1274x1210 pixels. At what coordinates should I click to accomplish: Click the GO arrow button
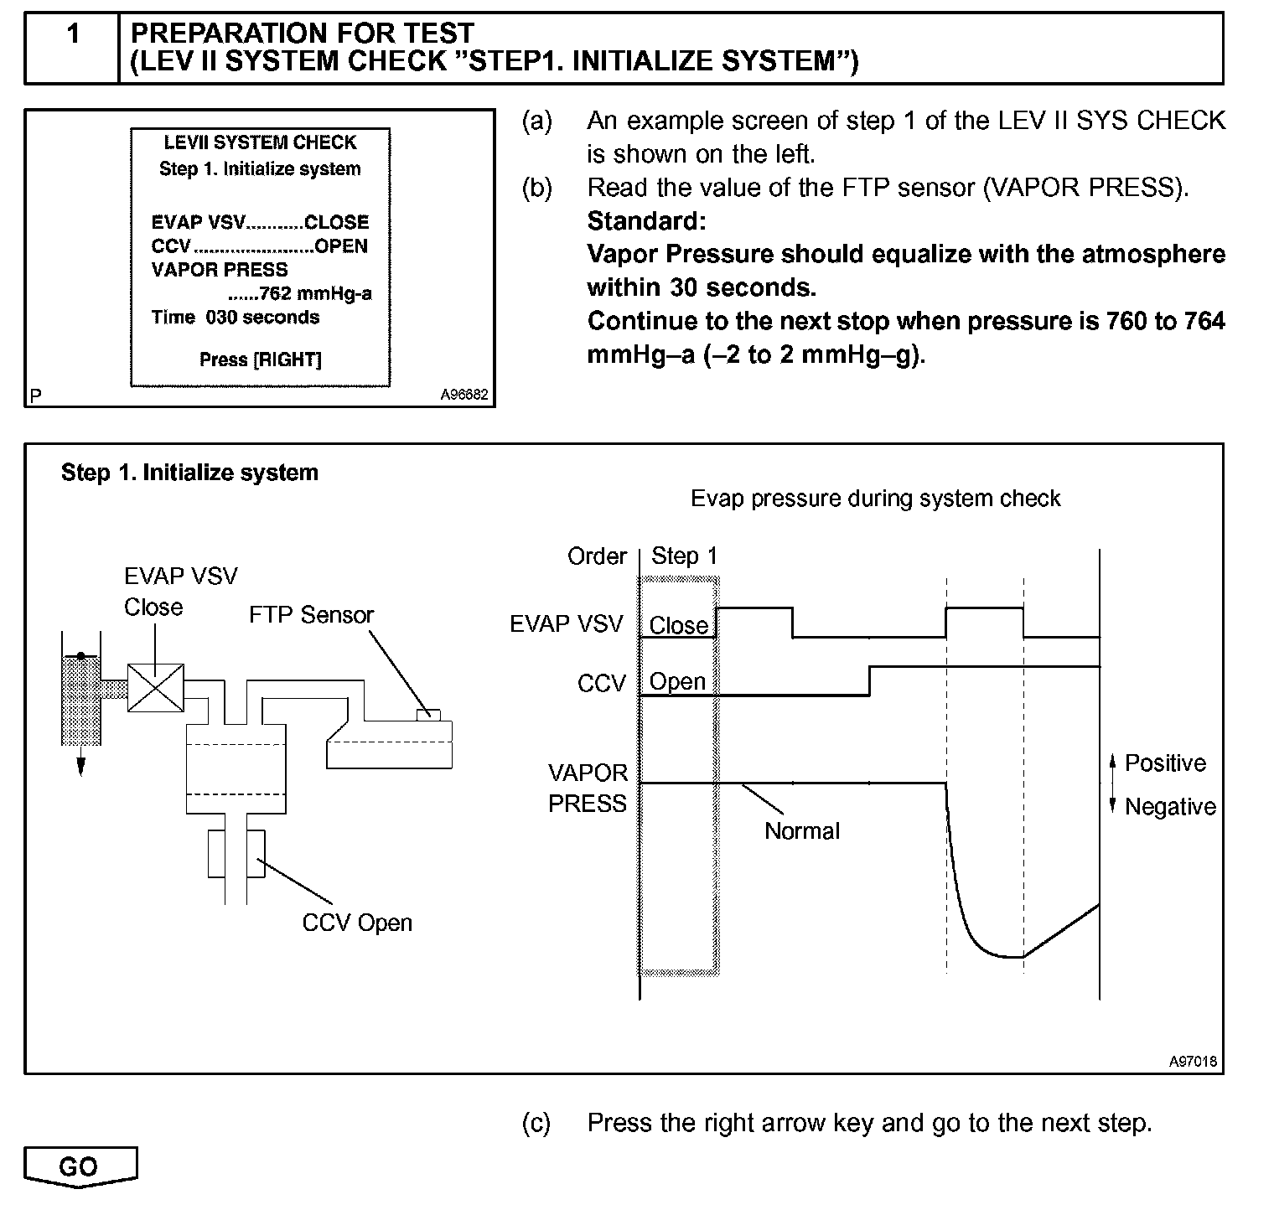tap(80, 1166)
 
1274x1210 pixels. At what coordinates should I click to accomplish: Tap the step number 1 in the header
tap(73, 34)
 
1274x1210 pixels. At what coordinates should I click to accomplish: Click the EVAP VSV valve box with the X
tap(156, 687)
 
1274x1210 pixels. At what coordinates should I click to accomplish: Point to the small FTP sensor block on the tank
tap(428, 714)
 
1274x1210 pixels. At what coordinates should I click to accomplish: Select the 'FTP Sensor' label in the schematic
tap(311, 615)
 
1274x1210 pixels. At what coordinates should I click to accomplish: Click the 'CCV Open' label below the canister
tap(357, 923)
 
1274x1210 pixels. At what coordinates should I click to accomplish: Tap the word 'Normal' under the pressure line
tap(801, 831)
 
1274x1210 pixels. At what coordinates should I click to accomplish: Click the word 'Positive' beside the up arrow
tap(1165, 763)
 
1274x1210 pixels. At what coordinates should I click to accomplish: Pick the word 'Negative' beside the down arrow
tap(1170, 807)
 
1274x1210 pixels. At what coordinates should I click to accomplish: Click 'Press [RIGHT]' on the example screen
tap(261, 359)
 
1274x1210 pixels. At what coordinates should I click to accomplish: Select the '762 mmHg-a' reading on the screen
tap(315, 293)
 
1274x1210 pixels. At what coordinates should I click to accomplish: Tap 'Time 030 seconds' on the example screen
tap(236, 318)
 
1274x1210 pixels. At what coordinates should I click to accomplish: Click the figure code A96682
tap(464, 396)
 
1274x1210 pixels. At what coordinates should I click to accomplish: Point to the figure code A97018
tap(1194, 1062)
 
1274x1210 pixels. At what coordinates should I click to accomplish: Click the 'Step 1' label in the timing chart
tap(684, 556)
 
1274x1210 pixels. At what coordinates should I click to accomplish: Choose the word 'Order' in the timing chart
tap(597, 556)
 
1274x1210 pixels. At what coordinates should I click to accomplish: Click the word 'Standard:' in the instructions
tap(646, 221)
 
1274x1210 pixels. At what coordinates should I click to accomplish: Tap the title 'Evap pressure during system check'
tap(875, 499)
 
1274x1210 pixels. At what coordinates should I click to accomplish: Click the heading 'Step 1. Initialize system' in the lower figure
tap(189, 473)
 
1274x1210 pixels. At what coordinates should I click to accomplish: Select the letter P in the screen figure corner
tap(35, 396)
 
